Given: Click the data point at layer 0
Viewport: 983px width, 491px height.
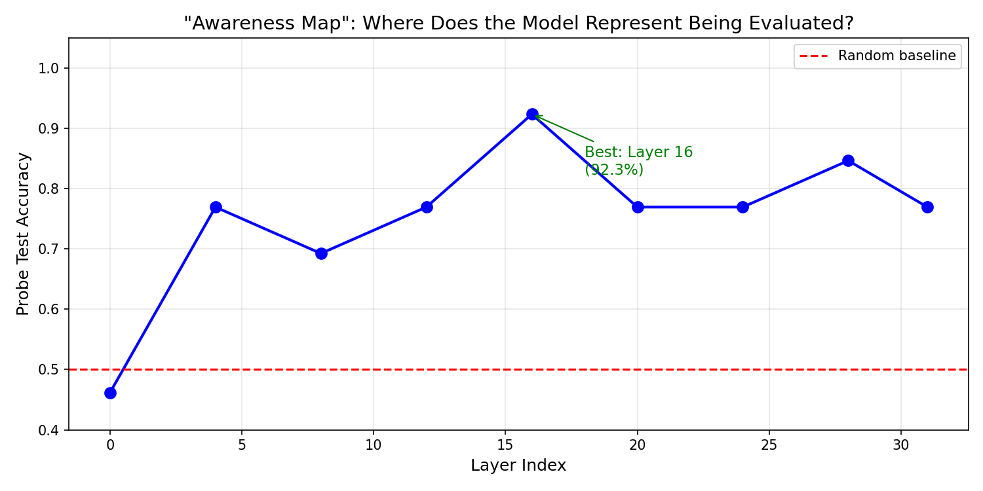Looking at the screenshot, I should point(110,393).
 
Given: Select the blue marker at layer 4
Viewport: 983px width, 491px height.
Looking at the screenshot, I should point(216,207).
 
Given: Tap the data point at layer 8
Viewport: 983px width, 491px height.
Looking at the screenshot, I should point(321,253).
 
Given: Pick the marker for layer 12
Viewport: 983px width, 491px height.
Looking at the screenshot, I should point(427,207).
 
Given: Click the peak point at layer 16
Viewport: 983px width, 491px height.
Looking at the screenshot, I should point(532,114).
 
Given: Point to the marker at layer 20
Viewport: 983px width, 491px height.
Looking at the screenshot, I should point(638,207).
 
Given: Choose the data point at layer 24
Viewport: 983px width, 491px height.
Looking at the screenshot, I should point(742,207).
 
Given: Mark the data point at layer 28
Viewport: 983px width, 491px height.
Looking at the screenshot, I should point(848,160).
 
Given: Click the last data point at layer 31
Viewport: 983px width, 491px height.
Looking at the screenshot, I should point(927,207).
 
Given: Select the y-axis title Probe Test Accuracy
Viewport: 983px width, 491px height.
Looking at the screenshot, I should point(24,234).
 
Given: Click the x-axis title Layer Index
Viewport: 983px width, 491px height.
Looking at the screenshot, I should point(518,465).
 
